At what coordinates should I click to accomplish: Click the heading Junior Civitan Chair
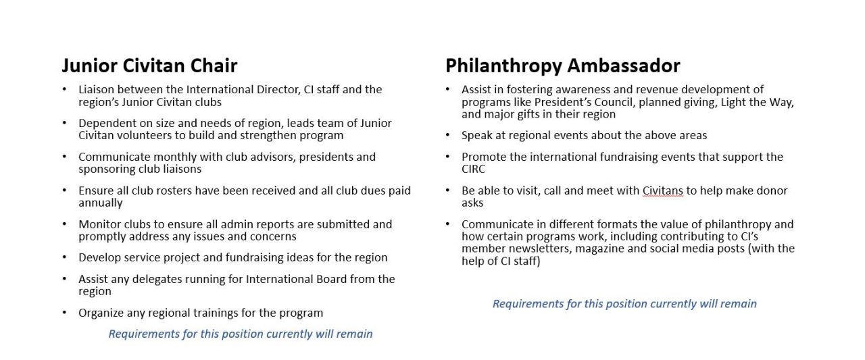(149, 66)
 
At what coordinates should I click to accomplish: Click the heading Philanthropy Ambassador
(562, 66)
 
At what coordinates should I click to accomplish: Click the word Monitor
(99, 224)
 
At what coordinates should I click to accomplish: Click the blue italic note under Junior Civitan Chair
(241, 334)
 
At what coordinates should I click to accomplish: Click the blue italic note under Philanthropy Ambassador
(624, 304)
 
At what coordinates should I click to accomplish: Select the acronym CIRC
(474, 169)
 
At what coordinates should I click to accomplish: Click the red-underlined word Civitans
(663, 190)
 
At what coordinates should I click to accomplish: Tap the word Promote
(484, 157)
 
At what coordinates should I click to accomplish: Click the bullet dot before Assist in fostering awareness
(447, 89)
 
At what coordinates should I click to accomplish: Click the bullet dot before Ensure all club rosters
(64, 190)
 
